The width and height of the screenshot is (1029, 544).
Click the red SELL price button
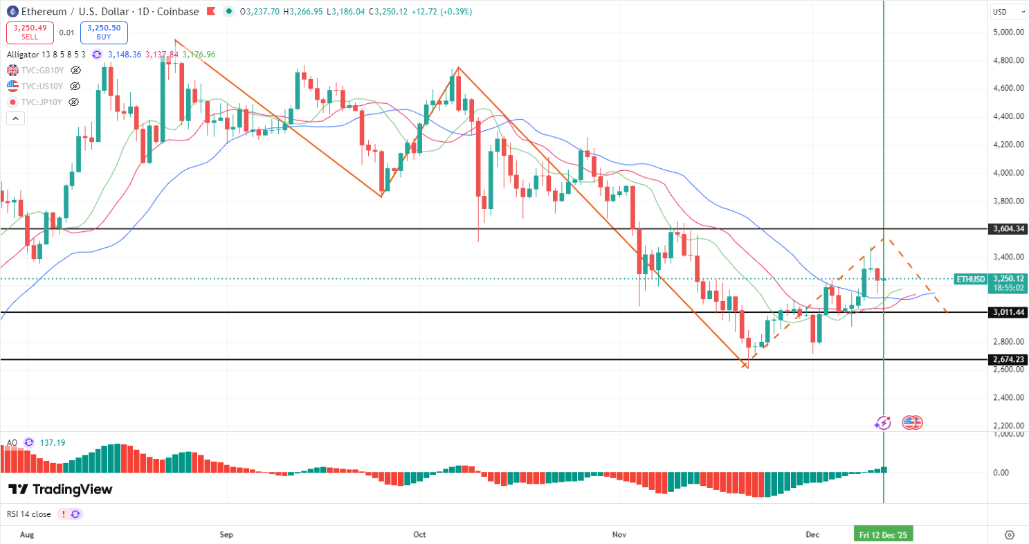point(27,32)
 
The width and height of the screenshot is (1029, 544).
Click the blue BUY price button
point(104,32)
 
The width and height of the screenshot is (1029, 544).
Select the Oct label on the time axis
point(419,534)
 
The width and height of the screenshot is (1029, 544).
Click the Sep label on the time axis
point(226,534)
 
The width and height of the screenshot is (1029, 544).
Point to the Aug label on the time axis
point(27,534)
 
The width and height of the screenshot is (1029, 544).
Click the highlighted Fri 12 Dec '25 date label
point(882,534)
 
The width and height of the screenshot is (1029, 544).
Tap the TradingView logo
point(60,489)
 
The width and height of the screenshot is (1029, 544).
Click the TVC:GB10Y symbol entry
point(42,70)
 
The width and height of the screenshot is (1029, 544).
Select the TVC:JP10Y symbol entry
point(42,102)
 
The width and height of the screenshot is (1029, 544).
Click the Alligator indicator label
point(26,54)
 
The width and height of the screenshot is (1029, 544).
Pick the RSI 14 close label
point(28,514)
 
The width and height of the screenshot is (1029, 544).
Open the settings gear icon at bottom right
point(1009,534)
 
